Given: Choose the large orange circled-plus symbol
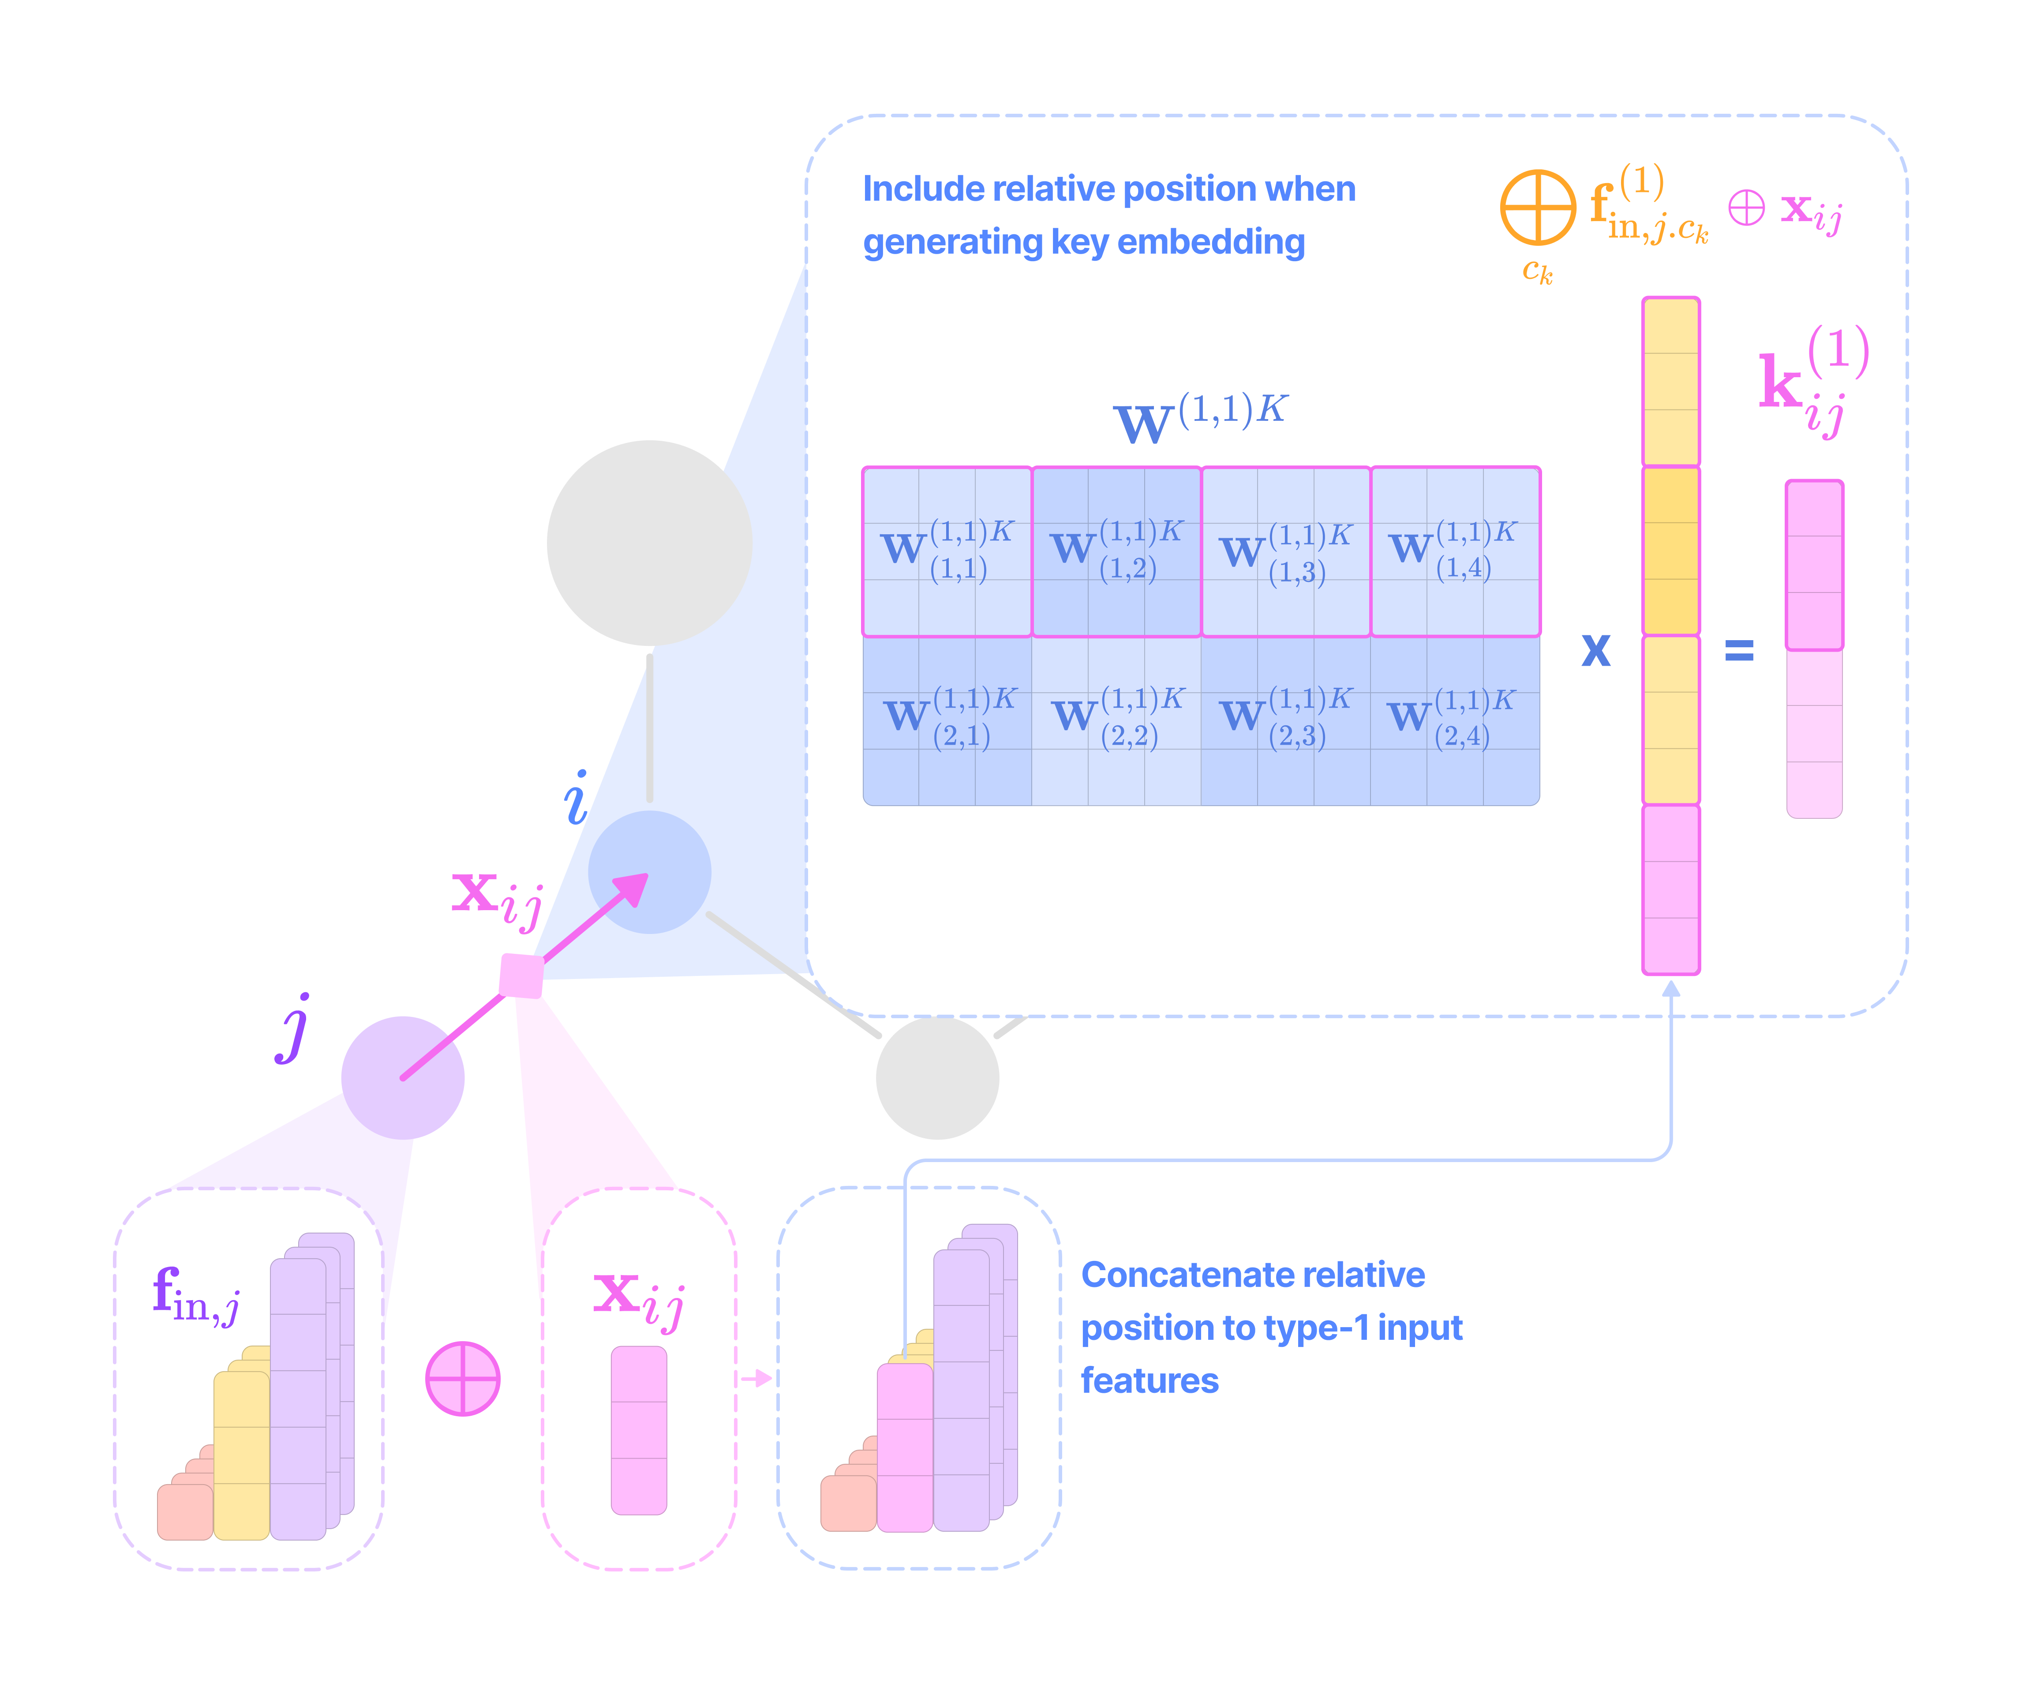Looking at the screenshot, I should tap(1538, 207).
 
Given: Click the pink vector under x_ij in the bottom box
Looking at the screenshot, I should tap(638, 1430).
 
